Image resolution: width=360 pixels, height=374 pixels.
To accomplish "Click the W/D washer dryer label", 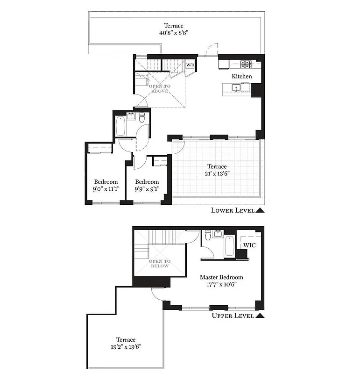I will tap(191, 65).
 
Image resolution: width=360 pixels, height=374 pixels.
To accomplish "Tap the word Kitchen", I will tap(242, 76).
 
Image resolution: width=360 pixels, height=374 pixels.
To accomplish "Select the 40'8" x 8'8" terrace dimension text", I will tap(173, 33).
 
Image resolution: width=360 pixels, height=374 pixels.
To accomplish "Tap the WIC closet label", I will tap(248, 245).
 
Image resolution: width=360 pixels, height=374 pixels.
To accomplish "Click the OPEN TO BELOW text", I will tap(160, 263).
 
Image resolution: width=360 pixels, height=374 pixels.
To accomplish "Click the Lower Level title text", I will tap(233, 210).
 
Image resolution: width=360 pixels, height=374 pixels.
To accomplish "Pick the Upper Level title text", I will tap(233, 316).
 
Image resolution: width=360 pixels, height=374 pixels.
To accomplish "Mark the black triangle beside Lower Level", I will tap(260, 210).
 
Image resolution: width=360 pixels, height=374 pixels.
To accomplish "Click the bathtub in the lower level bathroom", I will tap(120, 126).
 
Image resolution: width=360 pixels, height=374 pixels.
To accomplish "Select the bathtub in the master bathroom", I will tap(229, 246).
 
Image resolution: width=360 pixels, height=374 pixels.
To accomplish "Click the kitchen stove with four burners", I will tap(246, 63).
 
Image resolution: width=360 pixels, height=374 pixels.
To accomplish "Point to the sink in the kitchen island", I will tap(236, 87).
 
